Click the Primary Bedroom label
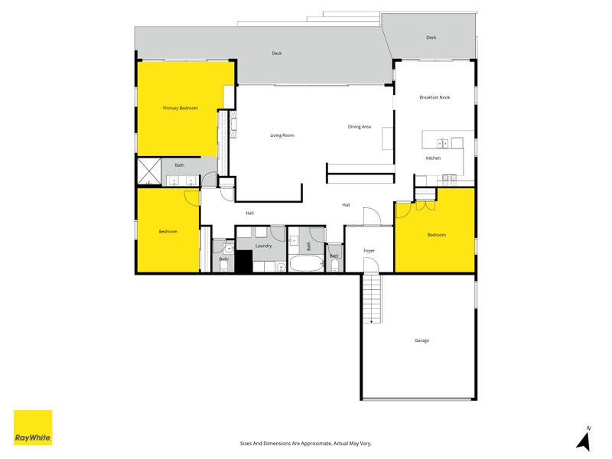(181, 109)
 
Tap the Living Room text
(282, 135)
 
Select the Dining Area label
(360, 127)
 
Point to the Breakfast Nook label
(435, 98)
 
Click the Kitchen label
(433, 158)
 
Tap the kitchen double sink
(442, 143)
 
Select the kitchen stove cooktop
(449, 179)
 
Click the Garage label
(422, 340)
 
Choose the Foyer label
(369, 250)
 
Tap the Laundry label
(264, 246)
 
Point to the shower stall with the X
(148, 172)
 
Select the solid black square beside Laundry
(243, 262)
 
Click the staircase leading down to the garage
(371, 298)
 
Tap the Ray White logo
(33, 428)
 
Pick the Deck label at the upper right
(431, 37)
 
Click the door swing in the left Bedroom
(192, 198)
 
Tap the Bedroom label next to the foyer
(436, 235)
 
